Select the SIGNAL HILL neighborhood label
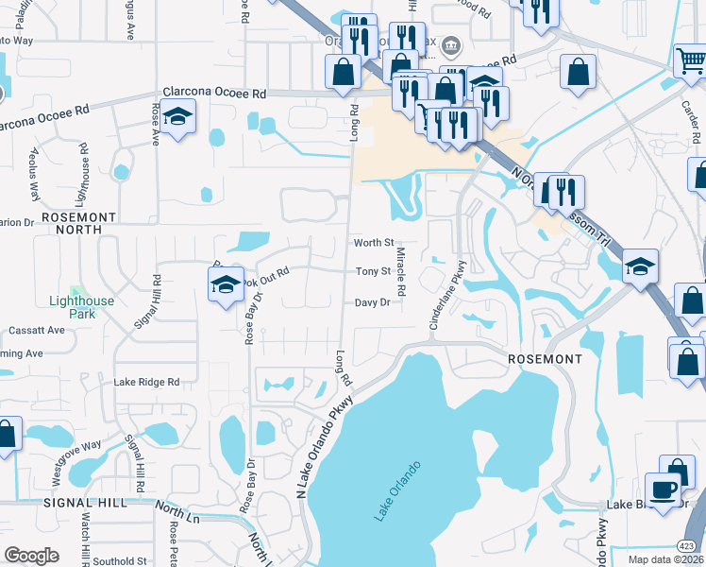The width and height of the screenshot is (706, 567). tap(85, 503)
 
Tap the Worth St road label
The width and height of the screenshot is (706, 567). tap(373, 243)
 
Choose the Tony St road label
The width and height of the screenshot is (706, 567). tap(373, 271)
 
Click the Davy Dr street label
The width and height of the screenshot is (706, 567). tap(372, 302)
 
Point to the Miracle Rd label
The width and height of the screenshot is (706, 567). tap(400, 271)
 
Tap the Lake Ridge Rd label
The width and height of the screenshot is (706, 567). tap(146, 382)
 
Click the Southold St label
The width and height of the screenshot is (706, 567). tap(120, 560)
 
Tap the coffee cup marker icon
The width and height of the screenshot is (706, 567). tap(663, 489)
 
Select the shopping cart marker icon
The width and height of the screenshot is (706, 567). tap(691, 61)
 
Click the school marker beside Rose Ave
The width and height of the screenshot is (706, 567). tap(177, 117)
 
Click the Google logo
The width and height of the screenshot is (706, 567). tap(31, 556)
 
